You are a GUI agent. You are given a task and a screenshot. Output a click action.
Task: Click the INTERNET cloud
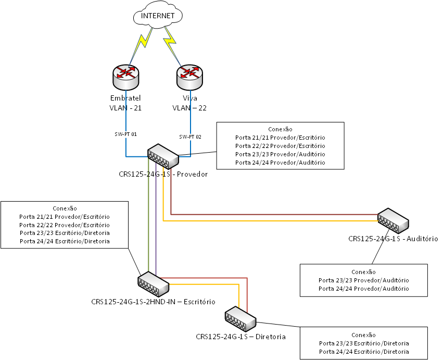pos(158,16)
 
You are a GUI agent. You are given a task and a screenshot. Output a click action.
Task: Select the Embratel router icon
pos(125,77)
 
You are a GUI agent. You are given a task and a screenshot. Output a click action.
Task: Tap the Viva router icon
pos(190,77)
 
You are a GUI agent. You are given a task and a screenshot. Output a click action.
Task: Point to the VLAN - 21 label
pos(125,108)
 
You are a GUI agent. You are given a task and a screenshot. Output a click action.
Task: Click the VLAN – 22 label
pos(190,108)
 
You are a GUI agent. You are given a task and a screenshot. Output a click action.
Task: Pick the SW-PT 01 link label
pos(125,134)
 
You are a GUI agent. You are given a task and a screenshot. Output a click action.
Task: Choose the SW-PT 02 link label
pos(190,136)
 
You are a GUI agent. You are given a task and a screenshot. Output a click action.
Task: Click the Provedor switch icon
pos(163,155)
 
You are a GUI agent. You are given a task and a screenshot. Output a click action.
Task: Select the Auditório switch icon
pos(393,220)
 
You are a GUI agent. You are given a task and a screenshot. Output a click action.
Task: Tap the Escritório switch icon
pos(154,284)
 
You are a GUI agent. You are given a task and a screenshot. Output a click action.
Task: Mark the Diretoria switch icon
pos(241,319)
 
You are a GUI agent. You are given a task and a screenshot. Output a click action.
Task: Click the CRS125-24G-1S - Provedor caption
pos(163,174)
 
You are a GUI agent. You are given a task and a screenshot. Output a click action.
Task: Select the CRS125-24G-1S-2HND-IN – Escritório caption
pos(153,301)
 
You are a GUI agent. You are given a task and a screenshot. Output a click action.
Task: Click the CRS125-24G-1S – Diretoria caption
pos(241,337)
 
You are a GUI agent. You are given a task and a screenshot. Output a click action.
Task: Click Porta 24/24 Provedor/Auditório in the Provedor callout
pos(280,163)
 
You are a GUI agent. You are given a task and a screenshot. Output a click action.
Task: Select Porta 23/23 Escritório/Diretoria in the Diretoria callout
pos(364,343)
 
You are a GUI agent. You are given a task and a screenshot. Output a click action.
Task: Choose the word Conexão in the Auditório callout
pos(363,272)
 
